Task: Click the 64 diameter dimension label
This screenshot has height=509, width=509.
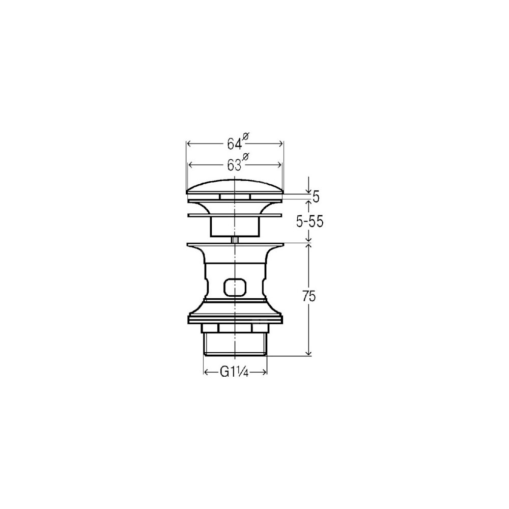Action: (235, 144)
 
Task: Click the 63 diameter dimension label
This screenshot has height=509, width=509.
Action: (235, 165)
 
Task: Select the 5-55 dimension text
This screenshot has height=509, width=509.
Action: (309, 222)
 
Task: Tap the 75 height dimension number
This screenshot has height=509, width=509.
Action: (309, 296)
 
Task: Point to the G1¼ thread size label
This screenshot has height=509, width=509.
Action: (234, 372)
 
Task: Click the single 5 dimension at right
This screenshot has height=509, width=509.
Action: (316, 196)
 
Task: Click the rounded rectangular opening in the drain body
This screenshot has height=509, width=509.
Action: (235, 287)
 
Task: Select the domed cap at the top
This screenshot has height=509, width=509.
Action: (235, 187)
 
